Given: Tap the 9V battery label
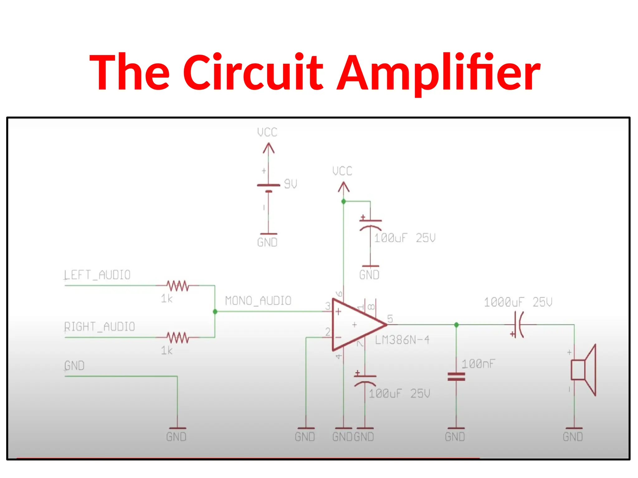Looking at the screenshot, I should [290, 184].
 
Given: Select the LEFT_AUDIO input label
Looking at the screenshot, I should [97, 275].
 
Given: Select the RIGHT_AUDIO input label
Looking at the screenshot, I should [100, 327].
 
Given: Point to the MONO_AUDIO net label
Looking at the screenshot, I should [258, 301].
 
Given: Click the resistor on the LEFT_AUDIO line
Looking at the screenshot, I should [178, 285].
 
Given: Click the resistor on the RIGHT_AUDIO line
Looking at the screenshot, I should [178, 337].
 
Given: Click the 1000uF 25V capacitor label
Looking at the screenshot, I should [518, 302].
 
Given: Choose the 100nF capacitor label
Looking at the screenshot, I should [478, 364].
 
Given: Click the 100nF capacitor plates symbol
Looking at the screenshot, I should [456, 377].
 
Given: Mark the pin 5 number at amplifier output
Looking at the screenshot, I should [390, 319].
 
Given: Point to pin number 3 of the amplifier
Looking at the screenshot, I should [328, 306].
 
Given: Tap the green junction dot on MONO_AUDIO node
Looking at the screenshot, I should [215, 312].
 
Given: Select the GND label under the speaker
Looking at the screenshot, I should [573, 437].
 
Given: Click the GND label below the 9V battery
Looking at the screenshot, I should [267, 242].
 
